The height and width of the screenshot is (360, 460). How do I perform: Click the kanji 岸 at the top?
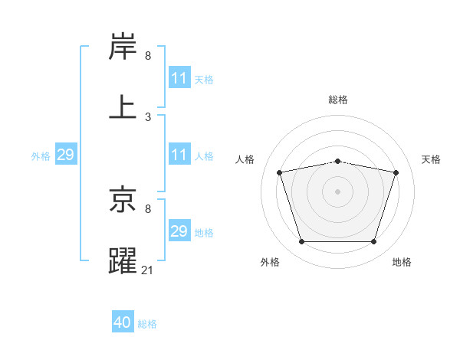(123, 47)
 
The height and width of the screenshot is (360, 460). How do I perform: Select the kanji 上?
(123, 107)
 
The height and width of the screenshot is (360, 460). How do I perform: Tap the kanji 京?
(123, 201)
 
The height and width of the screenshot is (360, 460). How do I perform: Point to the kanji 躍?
(123, 260)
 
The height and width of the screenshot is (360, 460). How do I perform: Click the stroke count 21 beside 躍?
(148, 270)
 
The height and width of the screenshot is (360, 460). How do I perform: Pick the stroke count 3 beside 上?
(148, 116)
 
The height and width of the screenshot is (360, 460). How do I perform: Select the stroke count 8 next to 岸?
(148, 56)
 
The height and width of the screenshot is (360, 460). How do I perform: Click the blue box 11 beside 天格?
(179, 78)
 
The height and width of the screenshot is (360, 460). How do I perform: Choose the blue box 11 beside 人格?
(179, 155)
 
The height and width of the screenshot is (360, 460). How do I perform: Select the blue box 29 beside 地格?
(179, 231)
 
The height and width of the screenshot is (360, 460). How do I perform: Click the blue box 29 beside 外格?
(65, 155)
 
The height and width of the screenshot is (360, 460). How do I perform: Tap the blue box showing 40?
(123, 322)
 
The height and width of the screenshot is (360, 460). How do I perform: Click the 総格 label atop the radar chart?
(338, 100)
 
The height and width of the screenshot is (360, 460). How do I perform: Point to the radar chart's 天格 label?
(431, 159)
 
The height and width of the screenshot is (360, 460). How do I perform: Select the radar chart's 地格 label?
(402, 262)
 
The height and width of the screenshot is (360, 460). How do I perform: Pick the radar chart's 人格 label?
(245, 159)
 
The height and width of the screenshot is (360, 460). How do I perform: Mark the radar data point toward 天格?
(396, 172)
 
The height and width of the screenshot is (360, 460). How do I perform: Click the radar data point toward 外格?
(301, 242)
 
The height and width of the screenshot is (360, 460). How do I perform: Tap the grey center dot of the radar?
(338, 191)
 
